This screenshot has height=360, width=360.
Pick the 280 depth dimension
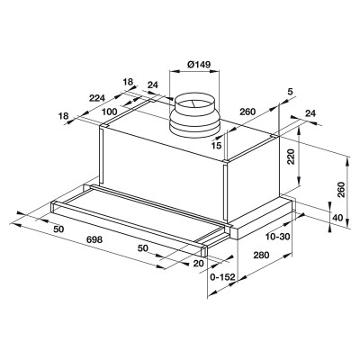[260, 256]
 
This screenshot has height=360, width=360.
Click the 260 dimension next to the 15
[248, 113]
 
